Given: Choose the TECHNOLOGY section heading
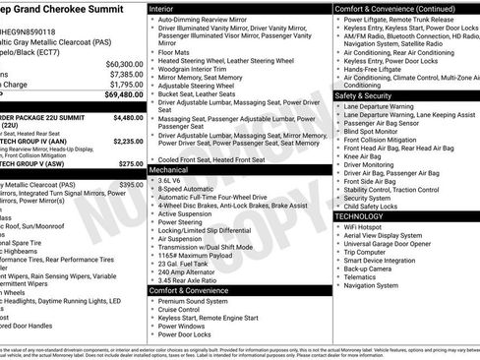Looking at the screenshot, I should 359,215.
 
